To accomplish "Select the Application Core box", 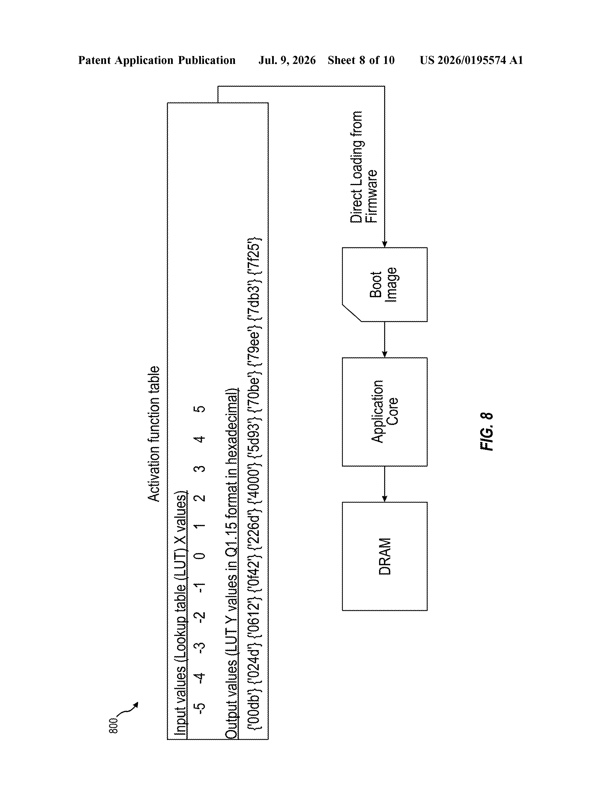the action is click(385, 412).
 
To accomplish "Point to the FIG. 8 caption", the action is click(487, 431).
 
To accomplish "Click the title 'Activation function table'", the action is click(154, 434).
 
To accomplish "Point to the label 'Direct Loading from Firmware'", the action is click(364, 167).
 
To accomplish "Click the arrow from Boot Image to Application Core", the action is click(385, 339).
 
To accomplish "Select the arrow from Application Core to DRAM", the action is click(385, 484).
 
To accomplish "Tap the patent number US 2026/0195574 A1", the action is click(471, 60).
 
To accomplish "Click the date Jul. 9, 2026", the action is click(287, 60).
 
